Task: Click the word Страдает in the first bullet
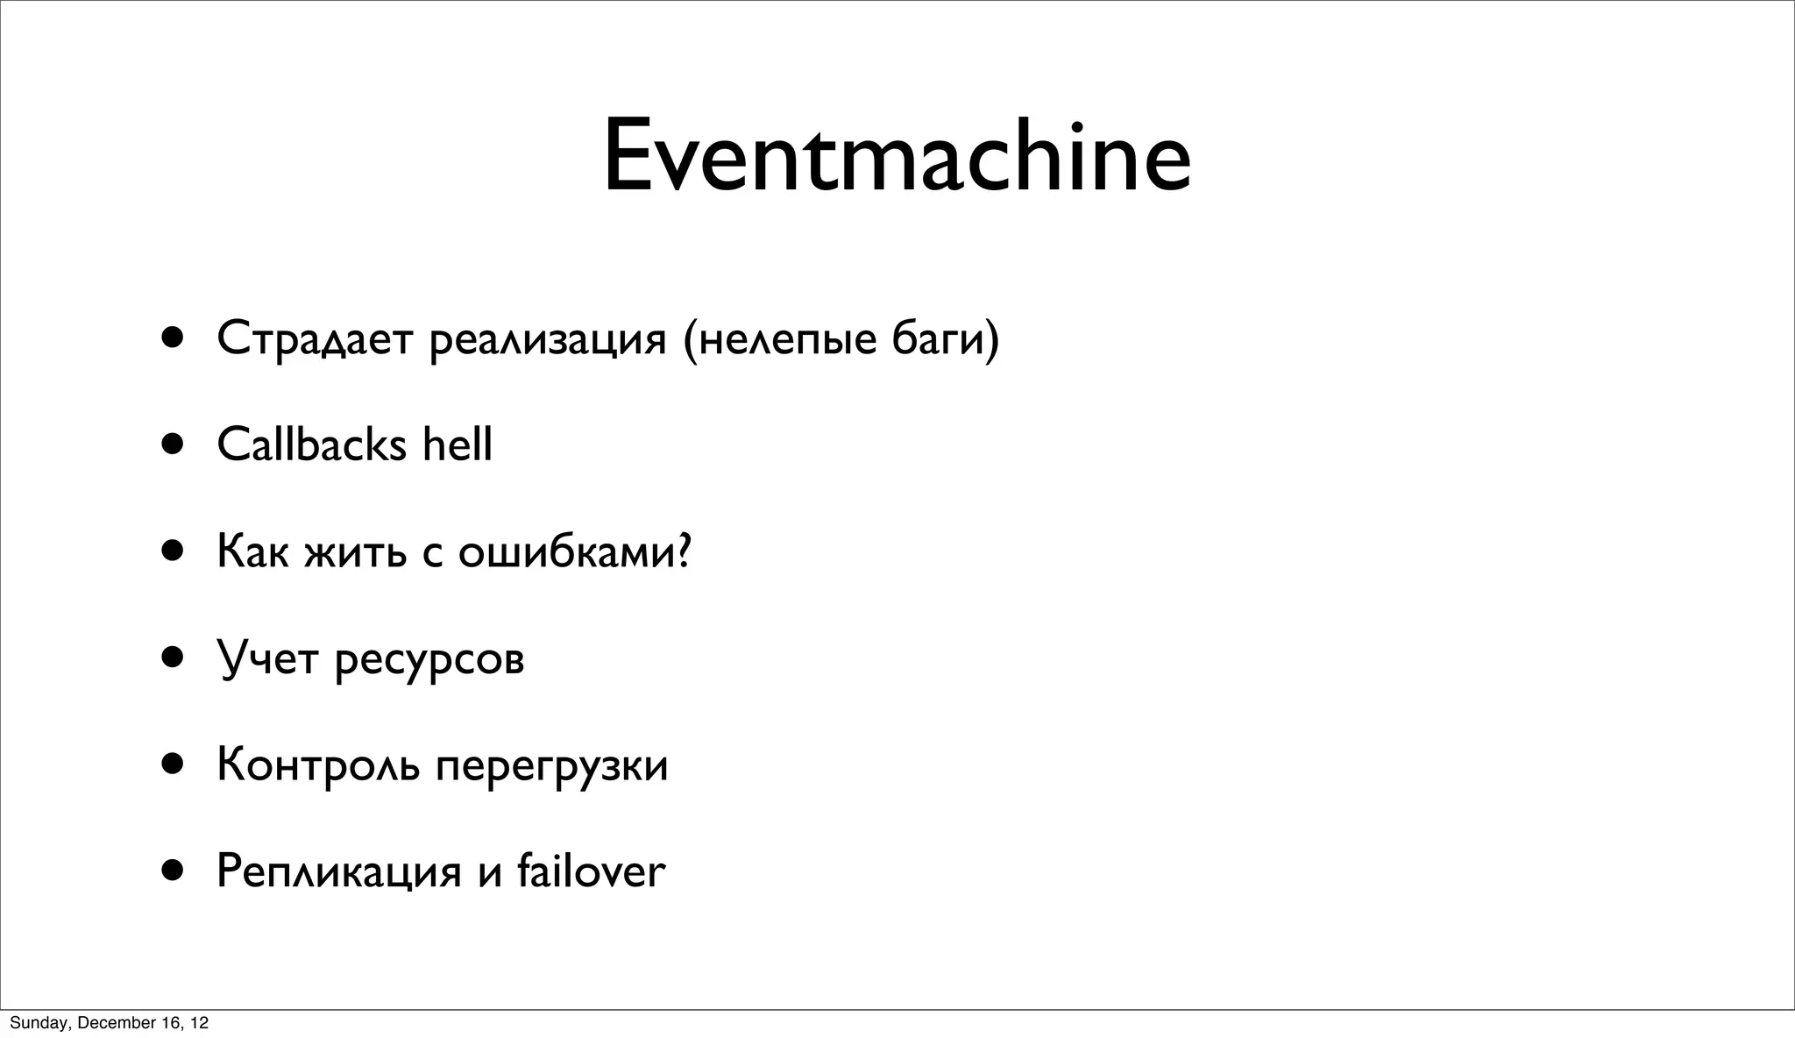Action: pos(314,339)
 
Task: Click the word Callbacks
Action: pos(311,444)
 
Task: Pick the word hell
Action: pos(458,444)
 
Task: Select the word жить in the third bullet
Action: pos(355,552)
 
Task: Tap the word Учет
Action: pos(266,659)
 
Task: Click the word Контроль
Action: pos(318,764)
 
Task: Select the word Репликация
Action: pos(338,872)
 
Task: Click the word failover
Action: pos(592,871)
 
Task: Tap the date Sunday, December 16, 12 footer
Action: pos(109,1023)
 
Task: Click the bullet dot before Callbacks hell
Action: pos(173,444)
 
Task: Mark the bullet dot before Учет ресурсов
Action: pos(173,658)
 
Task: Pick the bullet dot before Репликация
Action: pos(173,871)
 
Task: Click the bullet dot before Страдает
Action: pos(173,338)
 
